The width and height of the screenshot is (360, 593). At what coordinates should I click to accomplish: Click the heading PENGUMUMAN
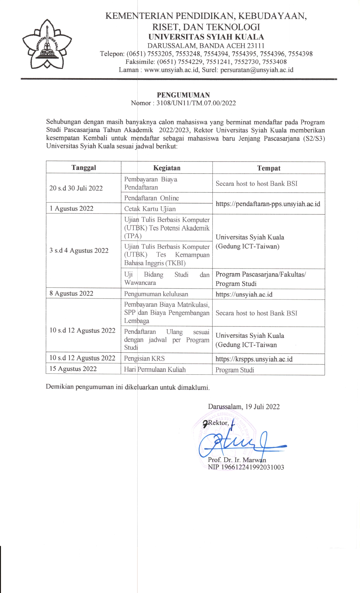183,95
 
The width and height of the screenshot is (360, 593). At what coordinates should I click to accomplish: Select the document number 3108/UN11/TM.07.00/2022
196,103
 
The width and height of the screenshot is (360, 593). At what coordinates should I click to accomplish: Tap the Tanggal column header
84,167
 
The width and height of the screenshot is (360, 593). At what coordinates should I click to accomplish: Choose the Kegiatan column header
167,168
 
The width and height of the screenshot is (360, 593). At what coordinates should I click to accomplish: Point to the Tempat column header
269,168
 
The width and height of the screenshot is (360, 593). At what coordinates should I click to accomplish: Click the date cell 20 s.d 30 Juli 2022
76,188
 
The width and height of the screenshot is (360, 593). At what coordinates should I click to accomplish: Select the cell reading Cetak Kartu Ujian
150,209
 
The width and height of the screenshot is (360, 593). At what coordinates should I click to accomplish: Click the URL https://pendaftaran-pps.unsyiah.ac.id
268,204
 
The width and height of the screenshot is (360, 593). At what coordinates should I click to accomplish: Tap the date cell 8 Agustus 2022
71,293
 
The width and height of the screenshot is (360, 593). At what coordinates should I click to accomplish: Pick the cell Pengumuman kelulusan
156,294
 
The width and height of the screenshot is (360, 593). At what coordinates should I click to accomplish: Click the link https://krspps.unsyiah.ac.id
254,359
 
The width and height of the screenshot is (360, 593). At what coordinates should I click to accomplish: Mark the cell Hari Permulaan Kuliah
155,369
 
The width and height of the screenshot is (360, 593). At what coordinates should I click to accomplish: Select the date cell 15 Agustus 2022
73,369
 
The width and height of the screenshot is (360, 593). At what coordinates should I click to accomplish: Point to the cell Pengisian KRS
144,358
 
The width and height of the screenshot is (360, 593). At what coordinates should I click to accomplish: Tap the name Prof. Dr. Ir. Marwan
237,460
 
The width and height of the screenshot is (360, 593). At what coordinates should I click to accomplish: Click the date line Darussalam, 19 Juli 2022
244,407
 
